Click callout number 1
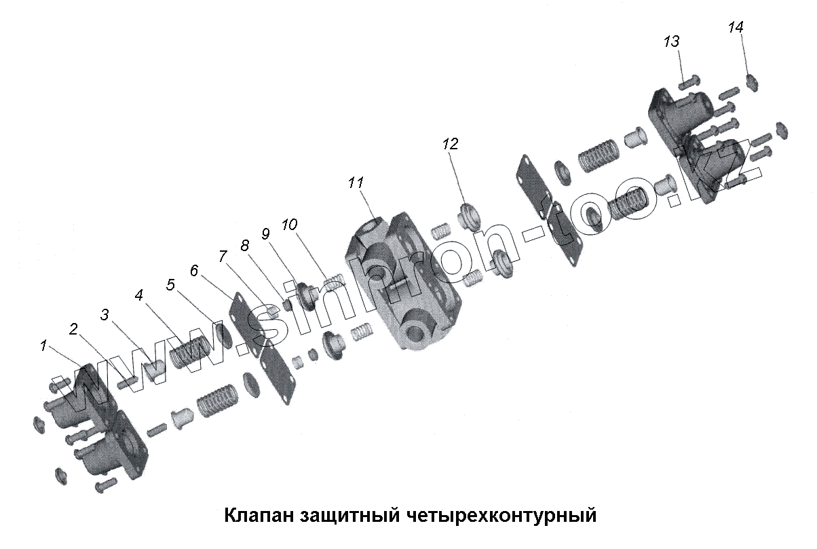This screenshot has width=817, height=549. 43,345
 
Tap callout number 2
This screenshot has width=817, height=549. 74,330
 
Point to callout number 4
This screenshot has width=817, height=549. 138,295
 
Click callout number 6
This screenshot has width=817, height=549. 195,270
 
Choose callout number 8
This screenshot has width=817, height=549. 244,244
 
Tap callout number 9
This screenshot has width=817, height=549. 265,233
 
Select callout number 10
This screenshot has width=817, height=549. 290,225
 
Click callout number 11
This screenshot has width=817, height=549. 356,183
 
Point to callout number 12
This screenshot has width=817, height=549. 451,144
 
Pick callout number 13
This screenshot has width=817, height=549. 671,42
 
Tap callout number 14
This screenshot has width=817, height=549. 736,27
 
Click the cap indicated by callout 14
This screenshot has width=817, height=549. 752,83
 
